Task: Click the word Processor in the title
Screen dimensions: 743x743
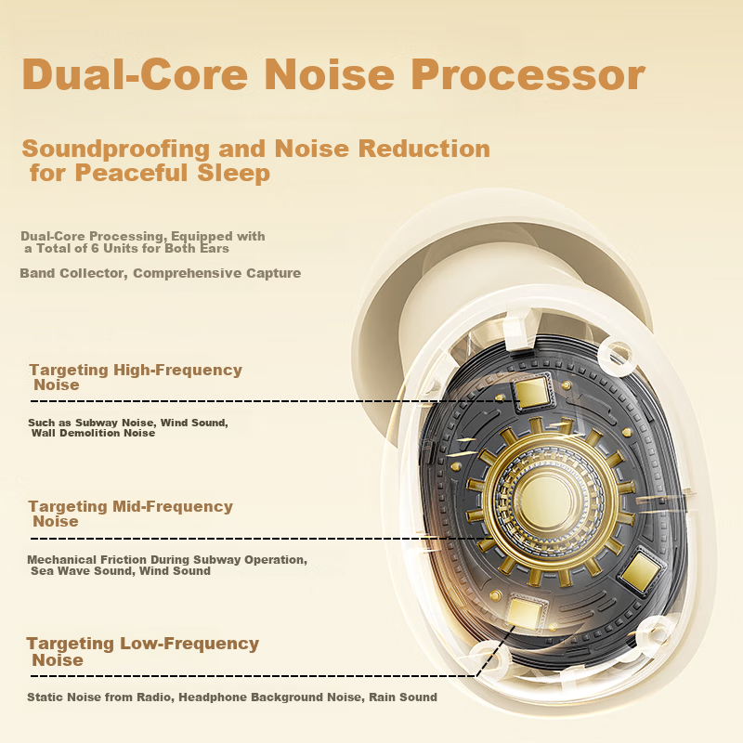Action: (x=528, y=74)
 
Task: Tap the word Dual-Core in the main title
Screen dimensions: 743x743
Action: (x=135, y=74)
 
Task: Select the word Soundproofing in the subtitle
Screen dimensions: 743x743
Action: (x=115, y=150)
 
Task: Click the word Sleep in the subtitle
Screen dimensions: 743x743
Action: (x=233, y=173)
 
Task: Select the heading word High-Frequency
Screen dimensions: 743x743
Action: (x=177, y=370)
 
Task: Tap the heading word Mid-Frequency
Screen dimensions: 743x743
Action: (x=173, y=506)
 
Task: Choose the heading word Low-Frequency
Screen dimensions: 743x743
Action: (x=189, y=644)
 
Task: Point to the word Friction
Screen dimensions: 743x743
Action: (x=122, y=560)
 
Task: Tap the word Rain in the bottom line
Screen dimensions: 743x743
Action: (x=384, y=697)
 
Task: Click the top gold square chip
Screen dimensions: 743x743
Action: (x=531, y=392)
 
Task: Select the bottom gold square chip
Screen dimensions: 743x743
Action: (x=525, y=613)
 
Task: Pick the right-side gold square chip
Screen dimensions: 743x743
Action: (x=640, y=571)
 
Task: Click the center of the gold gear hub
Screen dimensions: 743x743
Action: (x=548, y=502)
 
